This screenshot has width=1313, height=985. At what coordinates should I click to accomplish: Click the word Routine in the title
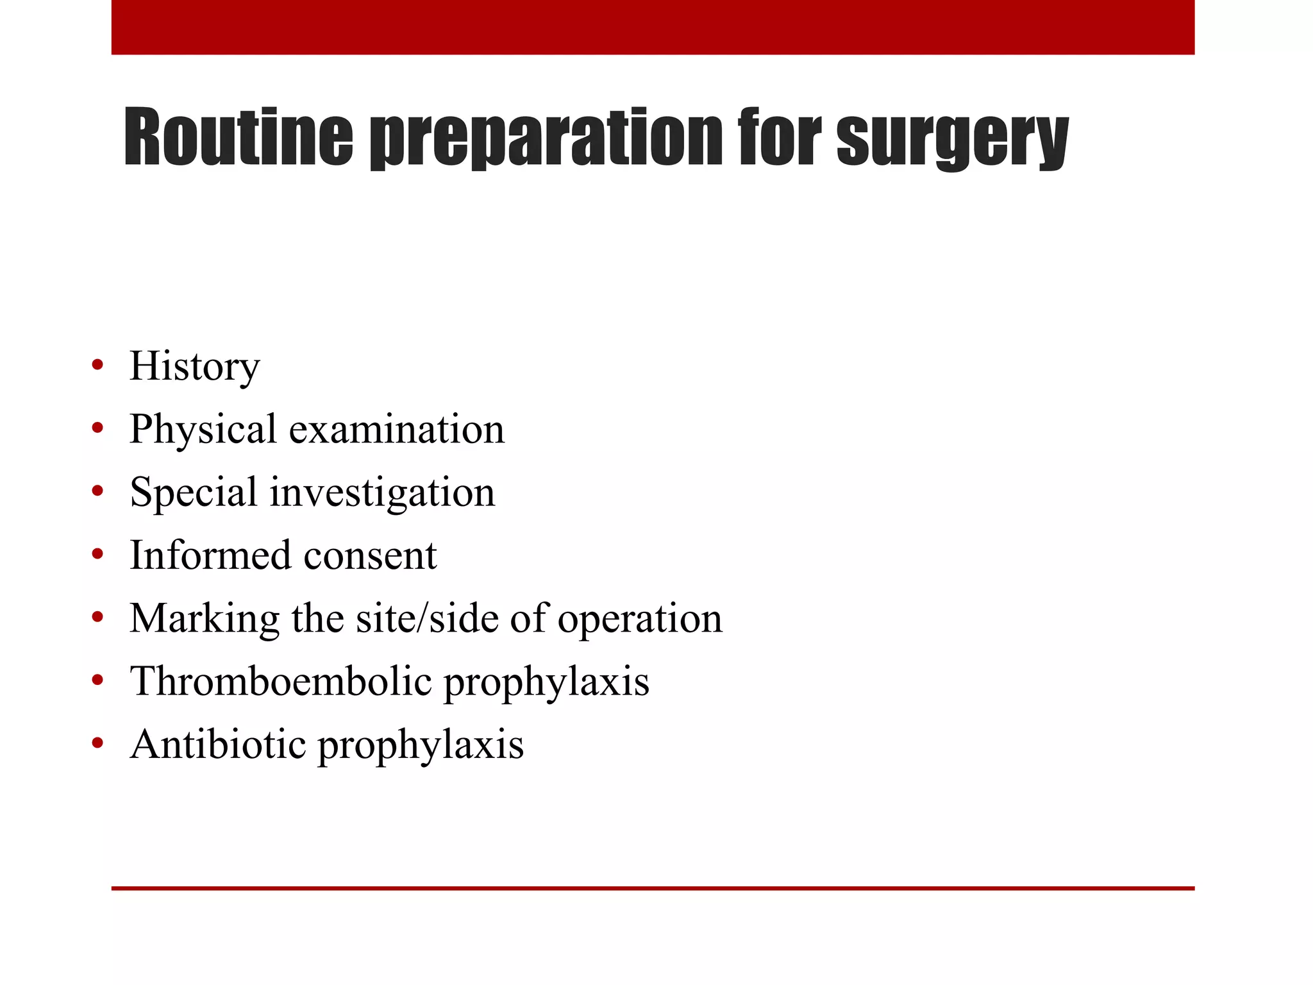(x=238, y=137)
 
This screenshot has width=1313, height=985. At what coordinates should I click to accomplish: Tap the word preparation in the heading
(x=547, y=139)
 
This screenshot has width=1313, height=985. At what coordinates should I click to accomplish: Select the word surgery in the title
(x=952, y=139)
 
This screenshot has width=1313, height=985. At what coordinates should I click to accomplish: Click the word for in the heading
(x=779, y=137)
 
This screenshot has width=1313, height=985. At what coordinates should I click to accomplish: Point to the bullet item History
(x=194, y=366)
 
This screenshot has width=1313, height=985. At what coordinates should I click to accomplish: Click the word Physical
(x=203, y=430)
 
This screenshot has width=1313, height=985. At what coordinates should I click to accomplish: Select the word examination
(x=396, y=430)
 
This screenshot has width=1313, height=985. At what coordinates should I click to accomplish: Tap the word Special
(x=194, y=493)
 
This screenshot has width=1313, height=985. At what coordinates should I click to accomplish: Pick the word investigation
(x=382, y=493)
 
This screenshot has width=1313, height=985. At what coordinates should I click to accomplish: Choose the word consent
(x=370, y=555)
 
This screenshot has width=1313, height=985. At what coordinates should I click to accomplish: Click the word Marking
(x=205, y=619)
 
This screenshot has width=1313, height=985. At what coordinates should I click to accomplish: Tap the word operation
(x=639, y=619)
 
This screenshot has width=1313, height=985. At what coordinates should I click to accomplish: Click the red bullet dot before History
(x=97, y=366)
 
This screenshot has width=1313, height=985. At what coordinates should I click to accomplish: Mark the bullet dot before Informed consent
(x=97, y=554)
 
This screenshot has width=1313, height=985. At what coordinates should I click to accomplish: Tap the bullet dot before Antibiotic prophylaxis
(x=97, y=743)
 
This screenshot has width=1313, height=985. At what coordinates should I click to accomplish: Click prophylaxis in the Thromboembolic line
(x=546, y=682)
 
